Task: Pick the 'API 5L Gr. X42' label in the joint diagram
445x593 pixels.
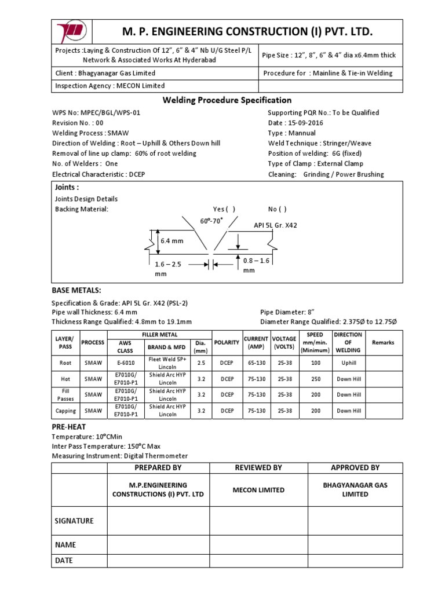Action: tap(275, 225)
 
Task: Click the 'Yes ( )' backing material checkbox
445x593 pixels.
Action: tap(224, 209)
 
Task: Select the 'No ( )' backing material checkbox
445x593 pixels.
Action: tap(277, 209)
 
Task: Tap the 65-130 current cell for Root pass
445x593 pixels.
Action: tap(256, 363)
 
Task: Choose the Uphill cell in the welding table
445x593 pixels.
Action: tap(348, 363)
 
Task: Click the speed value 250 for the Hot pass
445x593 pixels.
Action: tap(315, 379)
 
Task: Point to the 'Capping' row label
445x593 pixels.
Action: tap(65, 411)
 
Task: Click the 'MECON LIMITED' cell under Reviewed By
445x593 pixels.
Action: tap(258, 490)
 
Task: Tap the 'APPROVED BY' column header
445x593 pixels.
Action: tap(355, 467)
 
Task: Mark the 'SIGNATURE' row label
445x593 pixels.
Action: tap(74, 521)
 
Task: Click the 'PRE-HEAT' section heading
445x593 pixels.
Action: tap(69, 426)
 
